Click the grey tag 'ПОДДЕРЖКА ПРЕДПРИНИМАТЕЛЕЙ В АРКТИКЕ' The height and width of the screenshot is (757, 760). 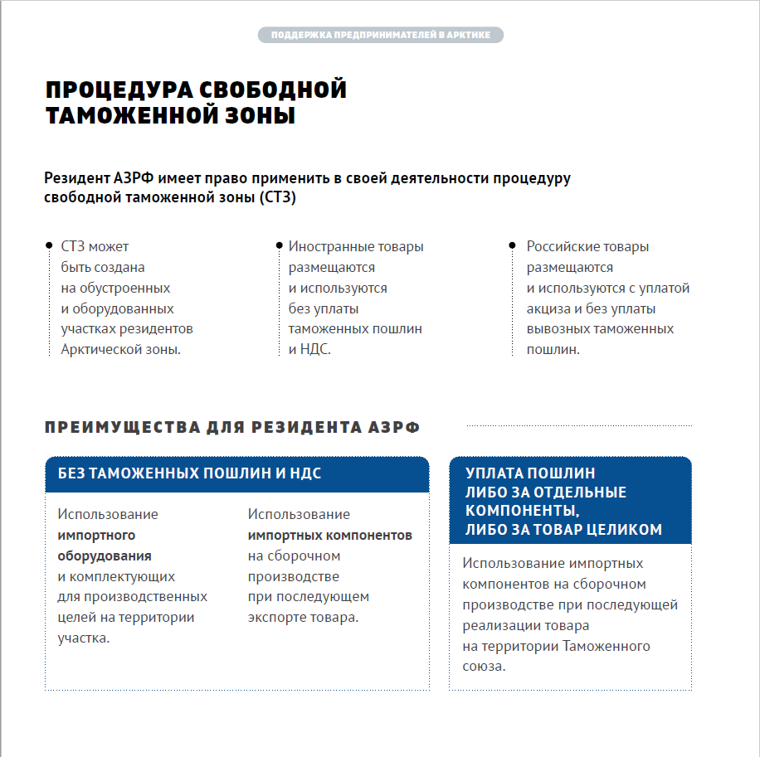click(x=380, y=35)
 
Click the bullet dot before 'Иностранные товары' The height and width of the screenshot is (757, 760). click(x=278, y=246)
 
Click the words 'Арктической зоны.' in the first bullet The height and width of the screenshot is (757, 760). click(x=120, y=349)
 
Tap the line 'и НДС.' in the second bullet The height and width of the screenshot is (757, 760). click(x=309, y=349)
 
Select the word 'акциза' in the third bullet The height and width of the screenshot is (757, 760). click(x=548, y=308)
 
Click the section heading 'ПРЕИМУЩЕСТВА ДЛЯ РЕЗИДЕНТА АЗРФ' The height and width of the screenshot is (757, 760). click(x=232, y=428)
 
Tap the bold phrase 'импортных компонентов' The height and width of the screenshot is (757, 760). click(x=329, y=535)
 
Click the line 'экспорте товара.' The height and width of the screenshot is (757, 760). click(x=303, y=618)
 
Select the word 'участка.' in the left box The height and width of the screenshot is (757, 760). click(x=84, y=638)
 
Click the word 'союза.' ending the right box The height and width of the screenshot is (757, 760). click(x=484, y=667)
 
